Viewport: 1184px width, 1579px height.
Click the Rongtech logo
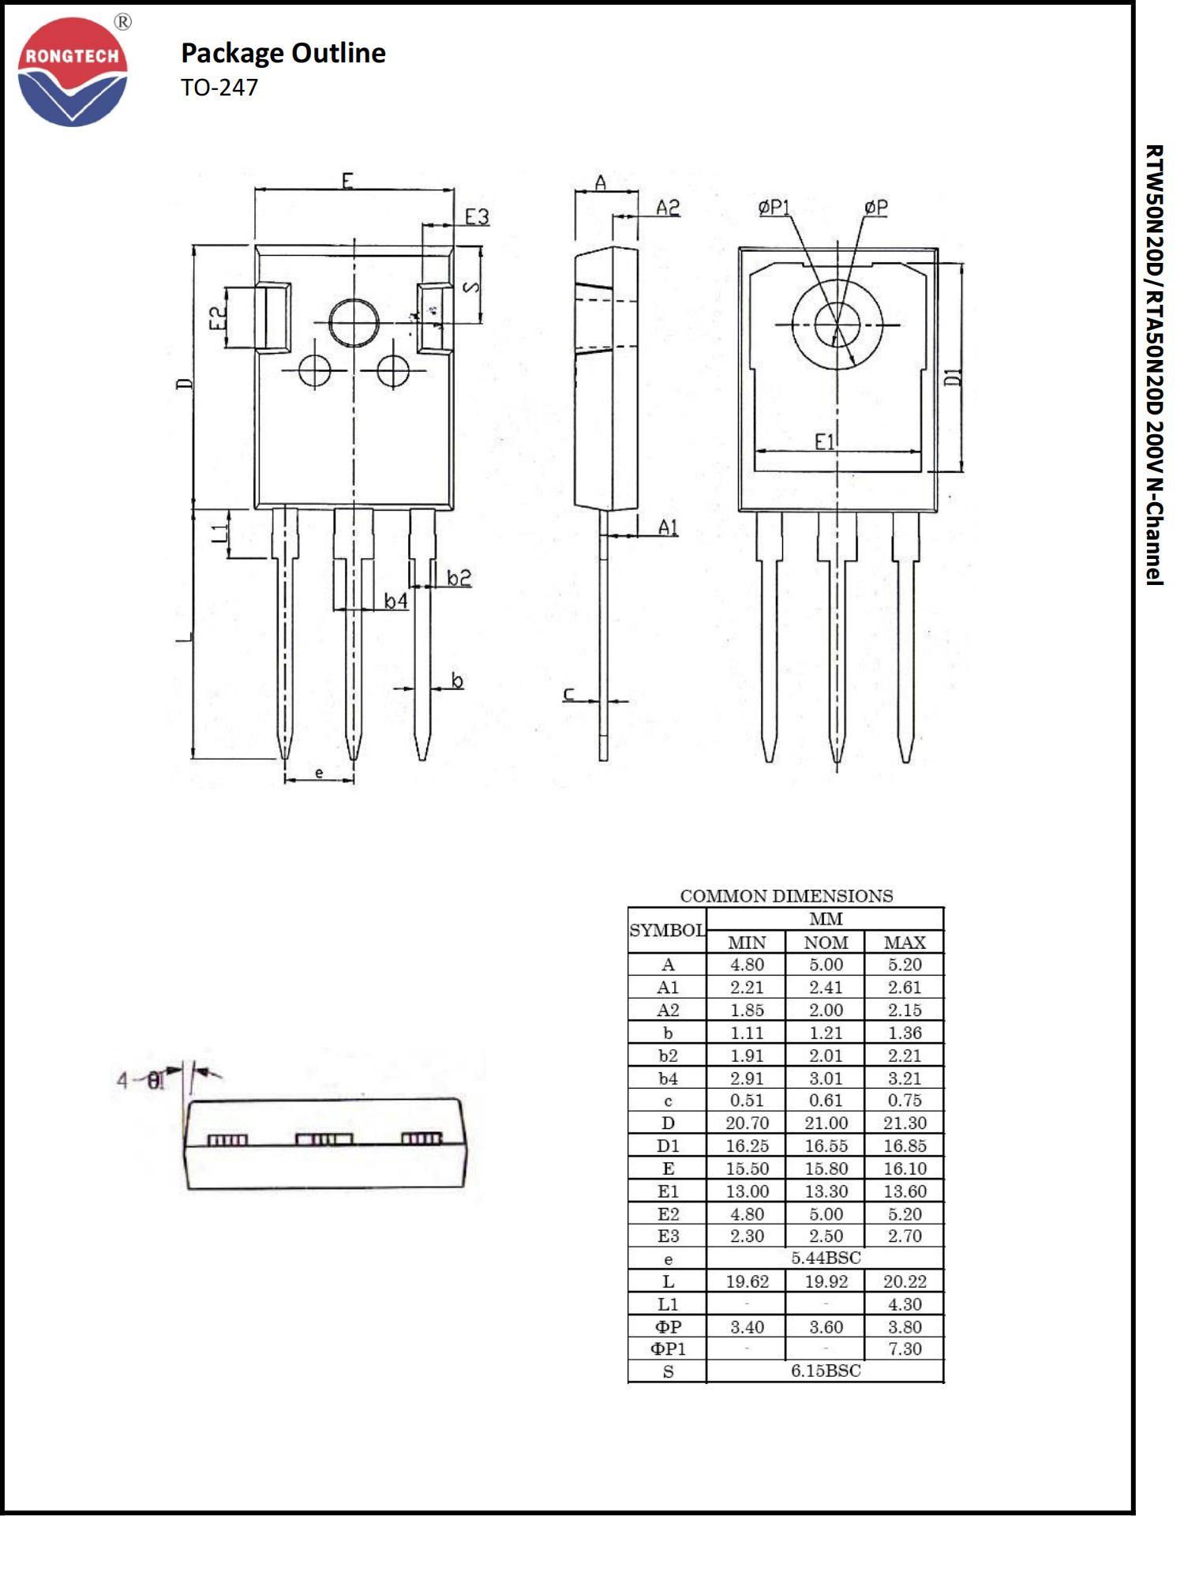[x=73, y=71]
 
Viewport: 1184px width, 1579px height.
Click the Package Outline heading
[x=283, y=53]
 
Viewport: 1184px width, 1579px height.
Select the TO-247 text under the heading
[x=219, y=87]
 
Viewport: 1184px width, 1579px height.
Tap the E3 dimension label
[x=477, y=216]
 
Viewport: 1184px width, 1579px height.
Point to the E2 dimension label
[x=218, y=318]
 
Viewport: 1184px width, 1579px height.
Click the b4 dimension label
[x=396, y=602]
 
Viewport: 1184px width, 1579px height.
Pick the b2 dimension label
[x=459, y=578]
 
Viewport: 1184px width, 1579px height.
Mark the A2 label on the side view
[x=668, y=208]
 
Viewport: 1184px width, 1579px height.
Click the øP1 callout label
[x=774, y=207]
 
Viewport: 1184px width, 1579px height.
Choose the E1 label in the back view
[x=825, y=442]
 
